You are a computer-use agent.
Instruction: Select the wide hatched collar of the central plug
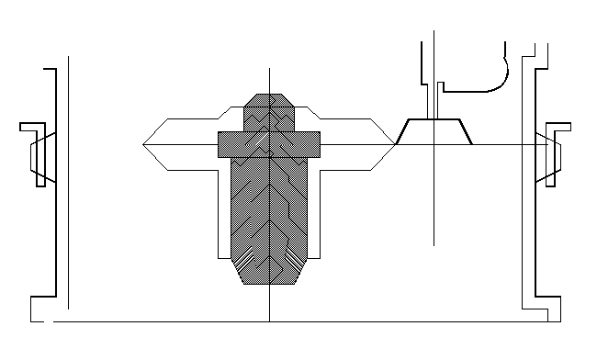[x=268, y=143]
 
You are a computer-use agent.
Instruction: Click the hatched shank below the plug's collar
[x=268, y=211]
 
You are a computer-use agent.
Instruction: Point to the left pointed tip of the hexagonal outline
[x=144, y=144]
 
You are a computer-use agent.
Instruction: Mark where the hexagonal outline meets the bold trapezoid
[x=395, y=144]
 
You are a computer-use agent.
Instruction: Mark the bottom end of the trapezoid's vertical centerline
[x=434, y=245]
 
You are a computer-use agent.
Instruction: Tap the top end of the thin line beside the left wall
[x=69, y=57]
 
